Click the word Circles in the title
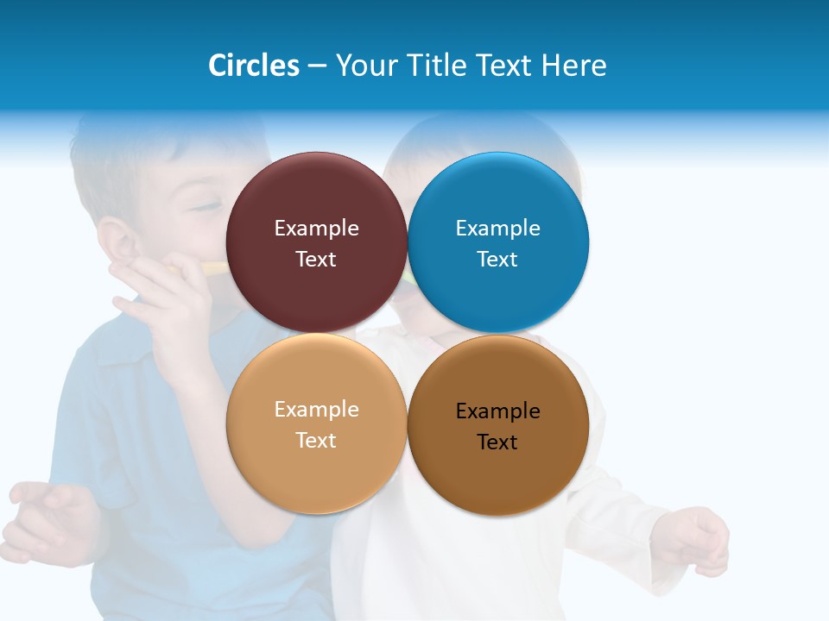(x=254, y=66)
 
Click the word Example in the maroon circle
(x=316, y=229)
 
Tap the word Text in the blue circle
(x=497, y=260)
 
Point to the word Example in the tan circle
(x=316, y=410)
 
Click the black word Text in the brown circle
(x=497, y=442)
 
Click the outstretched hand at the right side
(x=695, y=539)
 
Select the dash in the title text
(x=317, y=66)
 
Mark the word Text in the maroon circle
(x=316, y=260)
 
